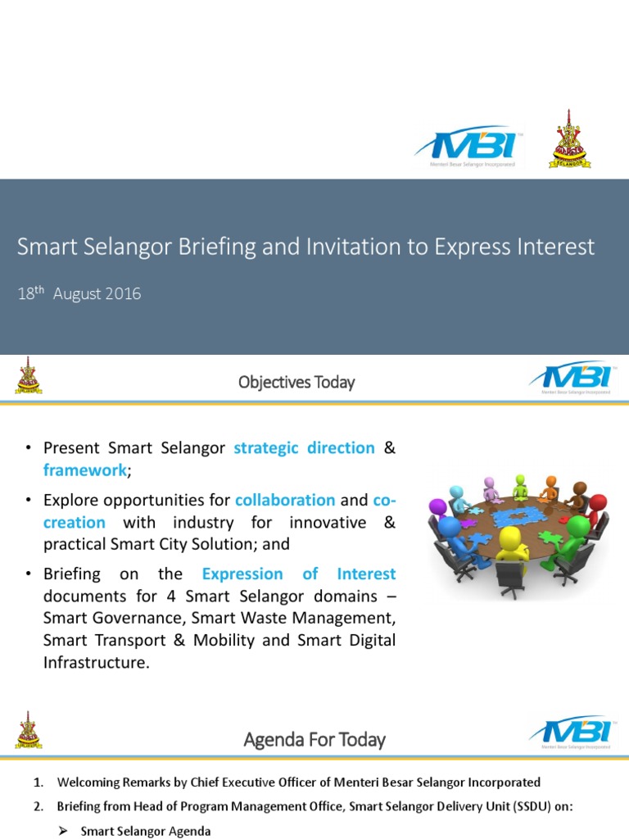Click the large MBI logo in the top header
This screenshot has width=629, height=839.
(x=468, y=147)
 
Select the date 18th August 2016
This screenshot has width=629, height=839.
(x=79, y=293)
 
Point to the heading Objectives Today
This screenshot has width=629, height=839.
(x=296, y=382)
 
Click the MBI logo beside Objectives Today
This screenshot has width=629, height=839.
(x=571, y=378)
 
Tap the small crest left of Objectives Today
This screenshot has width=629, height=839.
(x=29, y=376)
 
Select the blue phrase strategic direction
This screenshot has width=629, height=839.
(x=304, y=448)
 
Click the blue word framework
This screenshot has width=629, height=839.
(x=85, y=469)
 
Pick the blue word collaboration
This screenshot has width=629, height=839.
(x=285, y=500)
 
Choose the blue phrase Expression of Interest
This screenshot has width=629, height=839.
(x=299, y=574)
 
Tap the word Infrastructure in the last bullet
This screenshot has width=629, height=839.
(x=97, y=662)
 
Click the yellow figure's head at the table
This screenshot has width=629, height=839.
(x=512, y=537)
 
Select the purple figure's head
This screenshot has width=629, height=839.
(x=438, y=507)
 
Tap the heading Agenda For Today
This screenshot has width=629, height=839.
(x=314, y=740)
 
